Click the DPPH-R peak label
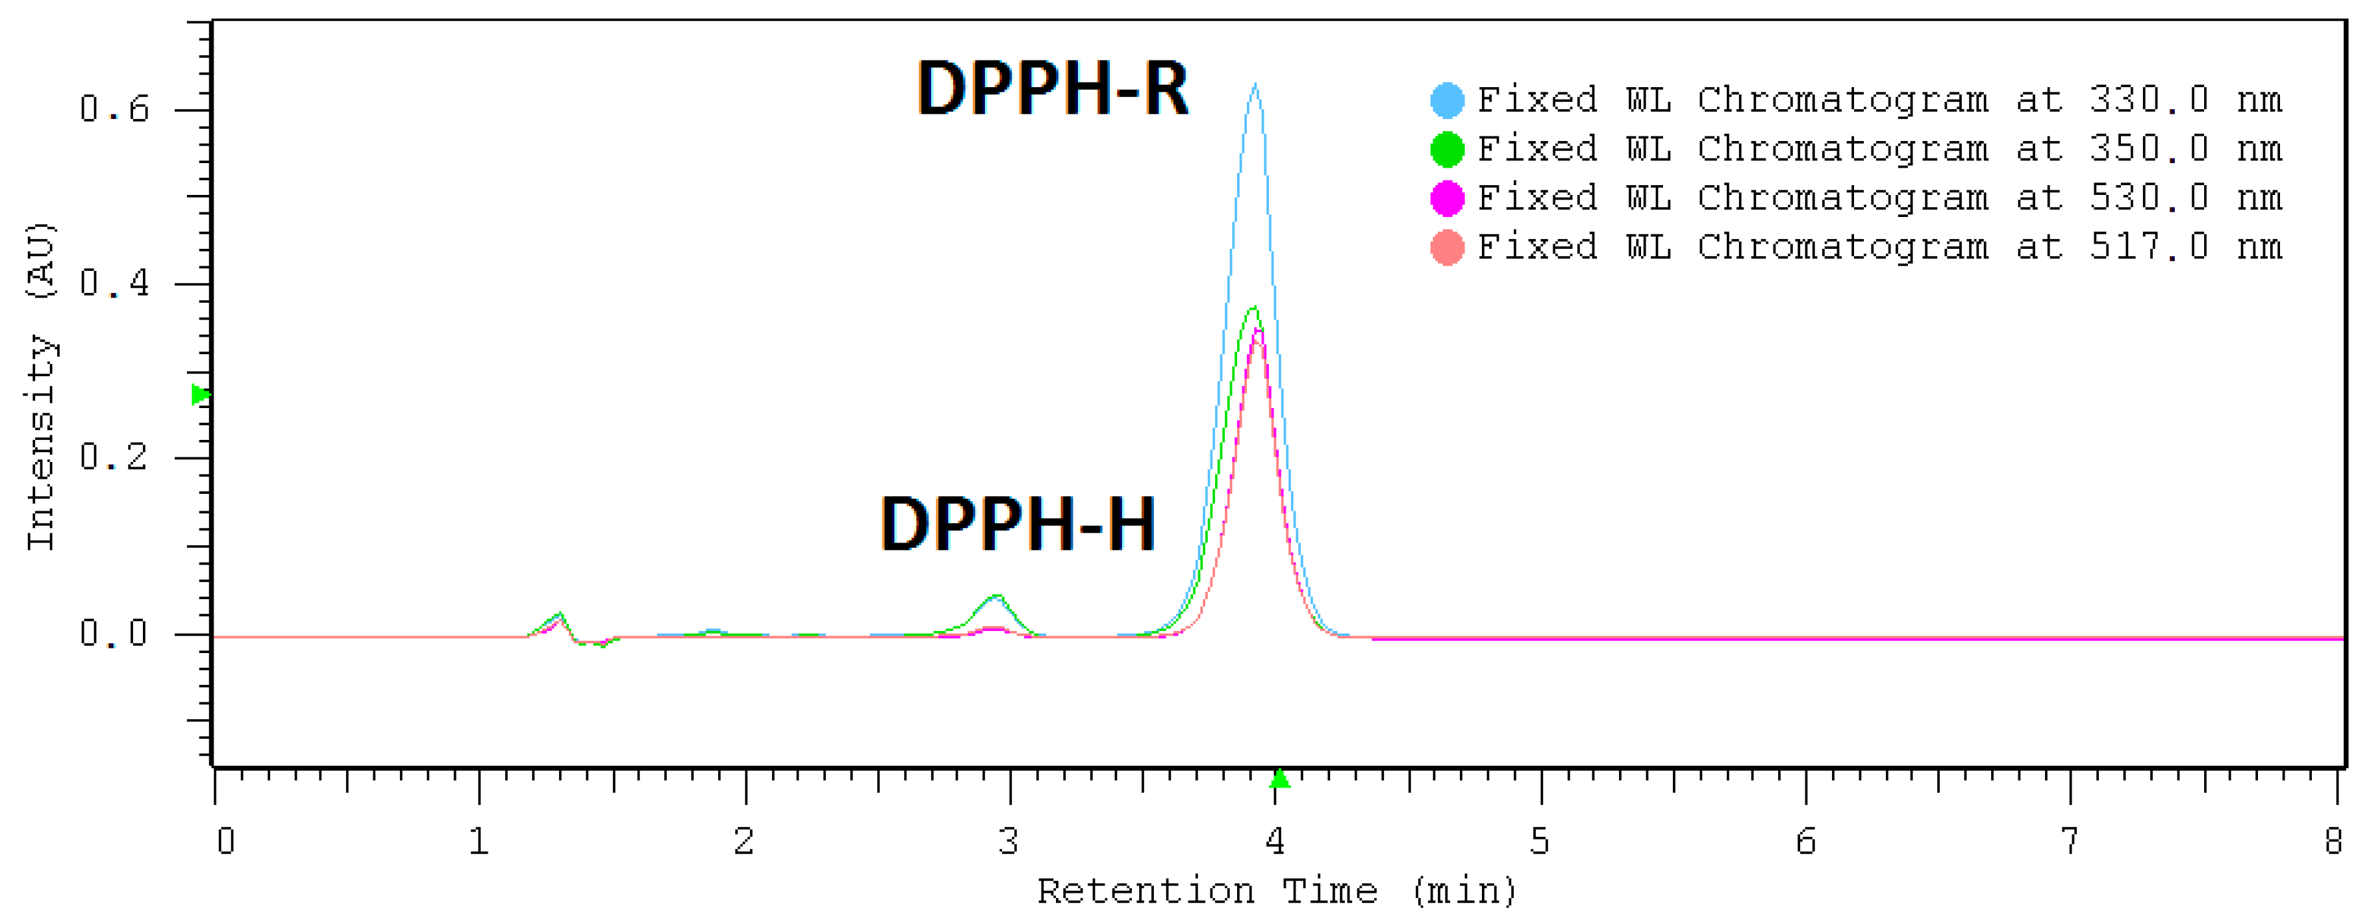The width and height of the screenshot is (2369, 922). click(1052, 88)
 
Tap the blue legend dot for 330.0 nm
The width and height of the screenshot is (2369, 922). click(1447, 100)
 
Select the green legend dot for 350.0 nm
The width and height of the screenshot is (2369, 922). click(1447, 149)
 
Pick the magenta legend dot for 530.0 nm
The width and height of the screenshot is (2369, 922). click(1447, 198)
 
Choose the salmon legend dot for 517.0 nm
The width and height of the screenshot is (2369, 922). click(1447, 247)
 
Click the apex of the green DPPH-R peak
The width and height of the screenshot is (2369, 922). click(1253, 308)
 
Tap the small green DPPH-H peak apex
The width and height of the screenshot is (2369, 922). click(997, 596)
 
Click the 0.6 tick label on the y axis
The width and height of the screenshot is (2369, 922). click(114, 110)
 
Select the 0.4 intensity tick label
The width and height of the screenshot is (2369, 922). click(114, 283)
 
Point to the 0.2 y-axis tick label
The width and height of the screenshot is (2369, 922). click(114, 457)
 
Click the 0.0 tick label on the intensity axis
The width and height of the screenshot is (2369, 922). click(114, 633)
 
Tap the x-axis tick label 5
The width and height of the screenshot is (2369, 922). click(1540, 841)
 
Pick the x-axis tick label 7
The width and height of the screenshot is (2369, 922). click(2069, 841)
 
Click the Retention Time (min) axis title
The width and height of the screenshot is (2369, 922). click(1277, 891)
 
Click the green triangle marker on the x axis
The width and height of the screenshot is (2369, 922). click(1279, 779)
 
